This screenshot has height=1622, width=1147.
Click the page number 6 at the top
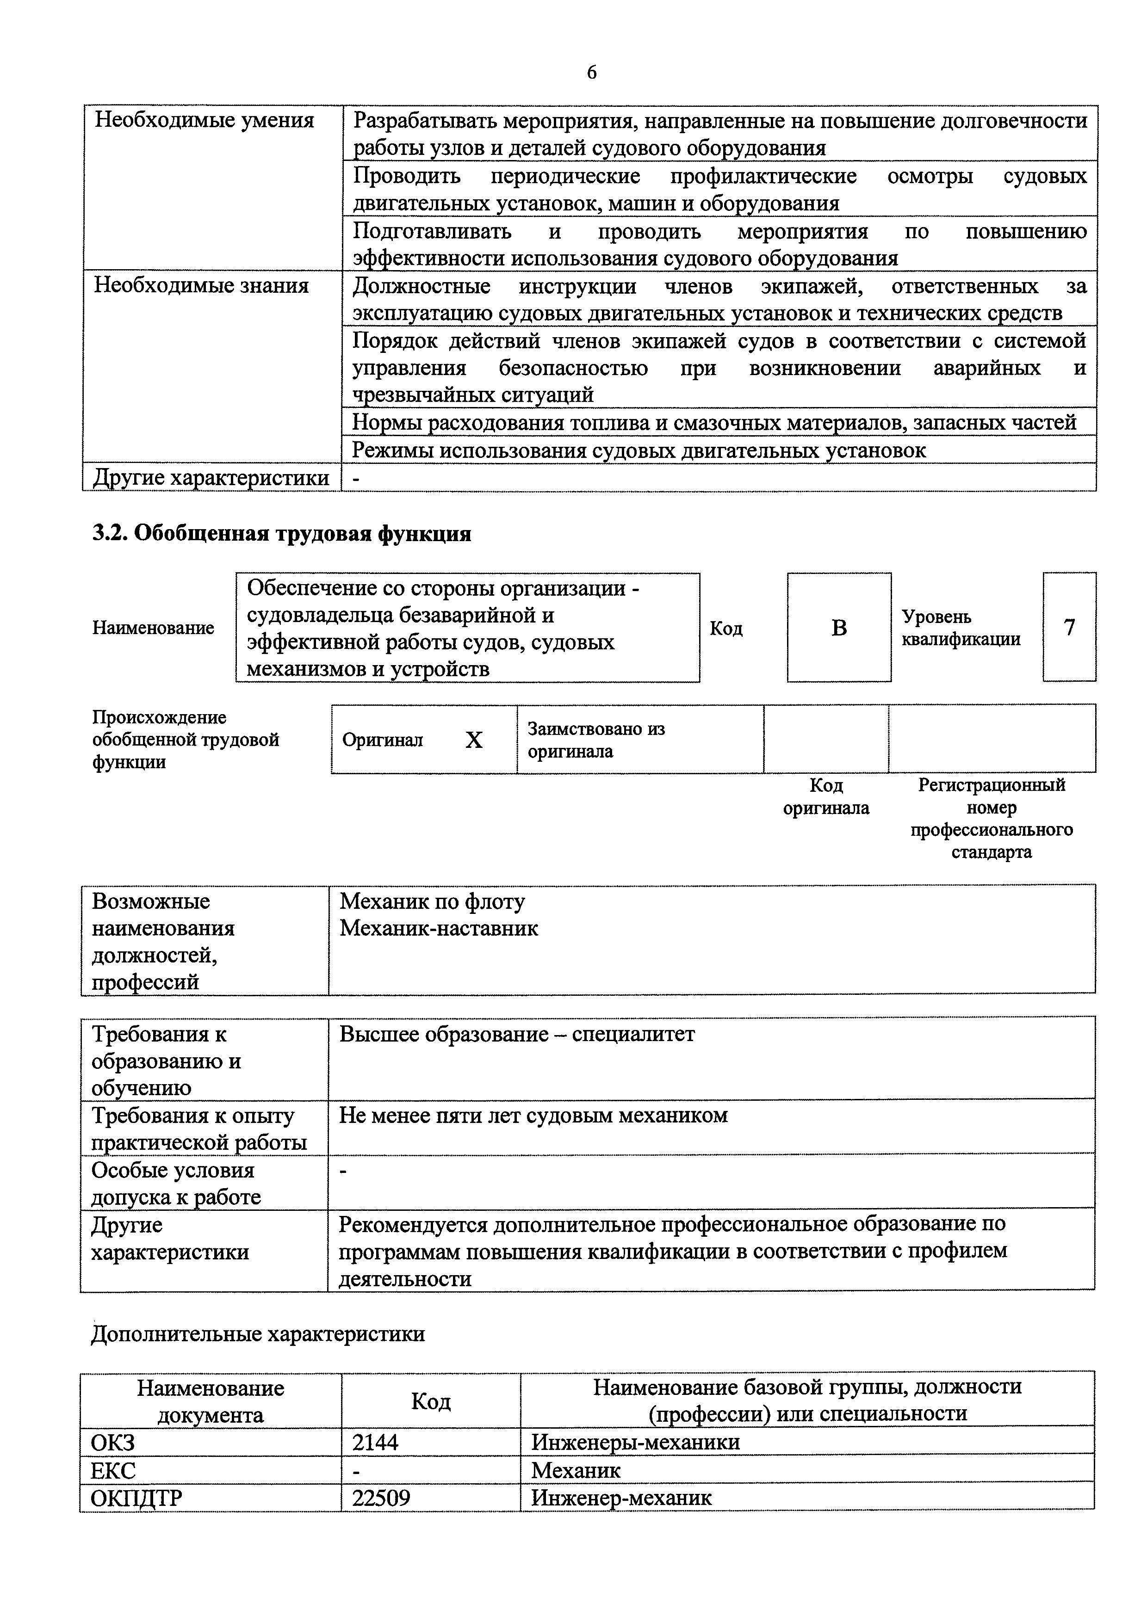[591, 72]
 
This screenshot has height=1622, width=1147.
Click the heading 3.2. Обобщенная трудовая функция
[281, 533]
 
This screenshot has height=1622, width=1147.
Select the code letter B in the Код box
[839, 627]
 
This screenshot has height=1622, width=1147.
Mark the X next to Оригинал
[473, 740]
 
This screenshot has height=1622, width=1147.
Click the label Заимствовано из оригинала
[596, 740]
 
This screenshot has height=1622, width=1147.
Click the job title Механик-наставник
[439, 928]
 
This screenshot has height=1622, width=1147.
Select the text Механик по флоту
[432, 901]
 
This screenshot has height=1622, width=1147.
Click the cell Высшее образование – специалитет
[517, 1034]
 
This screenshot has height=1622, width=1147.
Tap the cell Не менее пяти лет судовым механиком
[533, 1116]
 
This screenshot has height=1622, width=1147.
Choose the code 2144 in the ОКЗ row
[375, 1442]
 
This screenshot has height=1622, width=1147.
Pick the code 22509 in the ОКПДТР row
[381, 1497]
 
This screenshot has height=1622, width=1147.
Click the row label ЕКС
[113, 1470]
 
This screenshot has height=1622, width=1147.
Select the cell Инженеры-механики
[635, 1442]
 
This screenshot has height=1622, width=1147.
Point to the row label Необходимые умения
[204, 120]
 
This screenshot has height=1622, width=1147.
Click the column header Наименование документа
[210, 1401]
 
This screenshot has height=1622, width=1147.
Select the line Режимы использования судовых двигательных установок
[639, 450]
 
